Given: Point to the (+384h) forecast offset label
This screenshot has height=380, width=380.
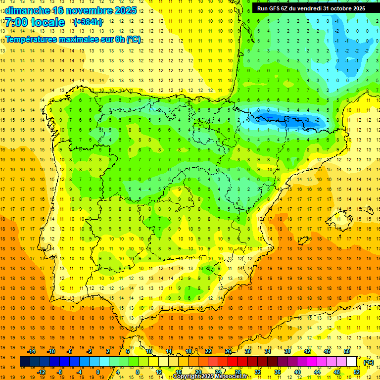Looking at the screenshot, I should pos(88,22).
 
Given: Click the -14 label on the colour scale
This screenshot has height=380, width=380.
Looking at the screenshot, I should pos(32,351).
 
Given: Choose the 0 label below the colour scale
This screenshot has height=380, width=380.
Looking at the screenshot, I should pos(98,372).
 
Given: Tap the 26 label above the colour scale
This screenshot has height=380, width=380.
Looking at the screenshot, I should pos(228,351).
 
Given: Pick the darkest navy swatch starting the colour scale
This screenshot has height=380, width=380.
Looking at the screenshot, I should pos(24,362).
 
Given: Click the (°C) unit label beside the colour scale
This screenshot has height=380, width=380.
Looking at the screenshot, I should pos(368,362).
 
